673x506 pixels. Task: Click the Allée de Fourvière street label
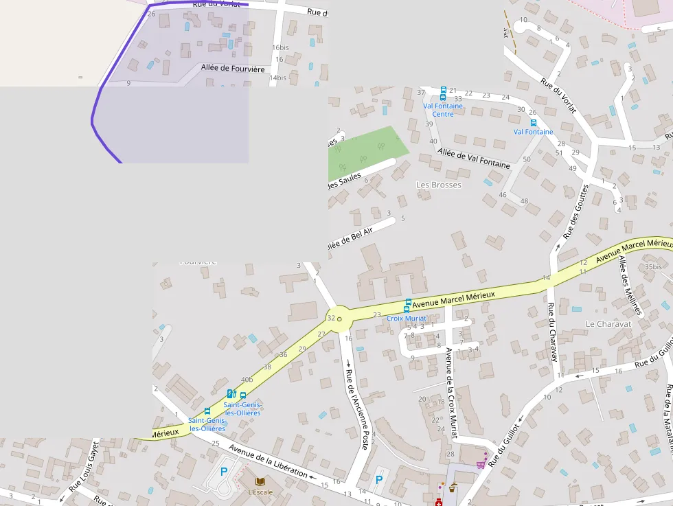tap(233, 68)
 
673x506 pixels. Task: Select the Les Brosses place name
tap(439, 185)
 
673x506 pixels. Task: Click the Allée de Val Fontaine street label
tap(474, 159)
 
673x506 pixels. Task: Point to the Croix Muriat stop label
tap(406, 319)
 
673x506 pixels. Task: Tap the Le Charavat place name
tap(608, 323)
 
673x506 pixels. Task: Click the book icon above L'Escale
tap(260, 481)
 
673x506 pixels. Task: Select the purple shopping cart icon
tap(481, 464)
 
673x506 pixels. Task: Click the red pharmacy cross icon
tap(438, 503)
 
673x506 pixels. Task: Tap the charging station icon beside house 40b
tap(231, 393)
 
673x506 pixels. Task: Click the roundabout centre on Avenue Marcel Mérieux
tap(339, 319)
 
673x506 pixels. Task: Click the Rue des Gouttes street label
tap(575, 211)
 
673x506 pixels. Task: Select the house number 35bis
tap(653, 266)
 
